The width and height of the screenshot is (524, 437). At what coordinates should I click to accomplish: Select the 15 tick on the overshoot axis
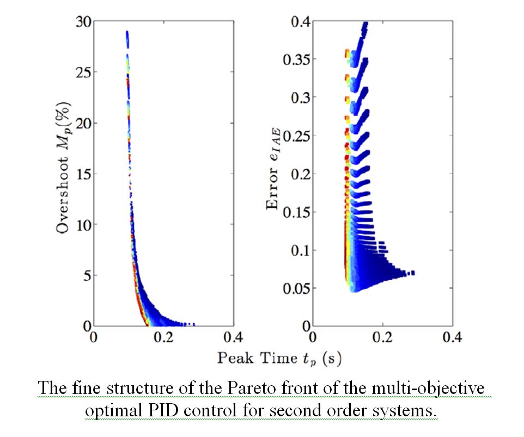pos(82,174)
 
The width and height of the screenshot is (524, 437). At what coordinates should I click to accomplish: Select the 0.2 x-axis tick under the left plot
pos(163,337)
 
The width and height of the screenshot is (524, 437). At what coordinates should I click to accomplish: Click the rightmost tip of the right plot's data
pos(414,273)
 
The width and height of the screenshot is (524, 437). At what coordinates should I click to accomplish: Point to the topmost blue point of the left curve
pos(127,33)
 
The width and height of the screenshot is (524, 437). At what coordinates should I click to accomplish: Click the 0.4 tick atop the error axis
pos(299,22)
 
